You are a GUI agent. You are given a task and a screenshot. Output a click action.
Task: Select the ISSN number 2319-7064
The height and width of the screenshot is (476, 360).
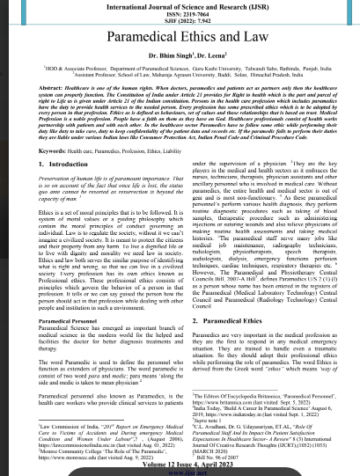coord(180,16)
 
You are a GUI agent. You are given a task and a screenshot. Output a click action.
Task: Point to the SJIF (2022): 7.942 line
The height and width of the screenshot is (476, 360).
coord(180,24)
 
